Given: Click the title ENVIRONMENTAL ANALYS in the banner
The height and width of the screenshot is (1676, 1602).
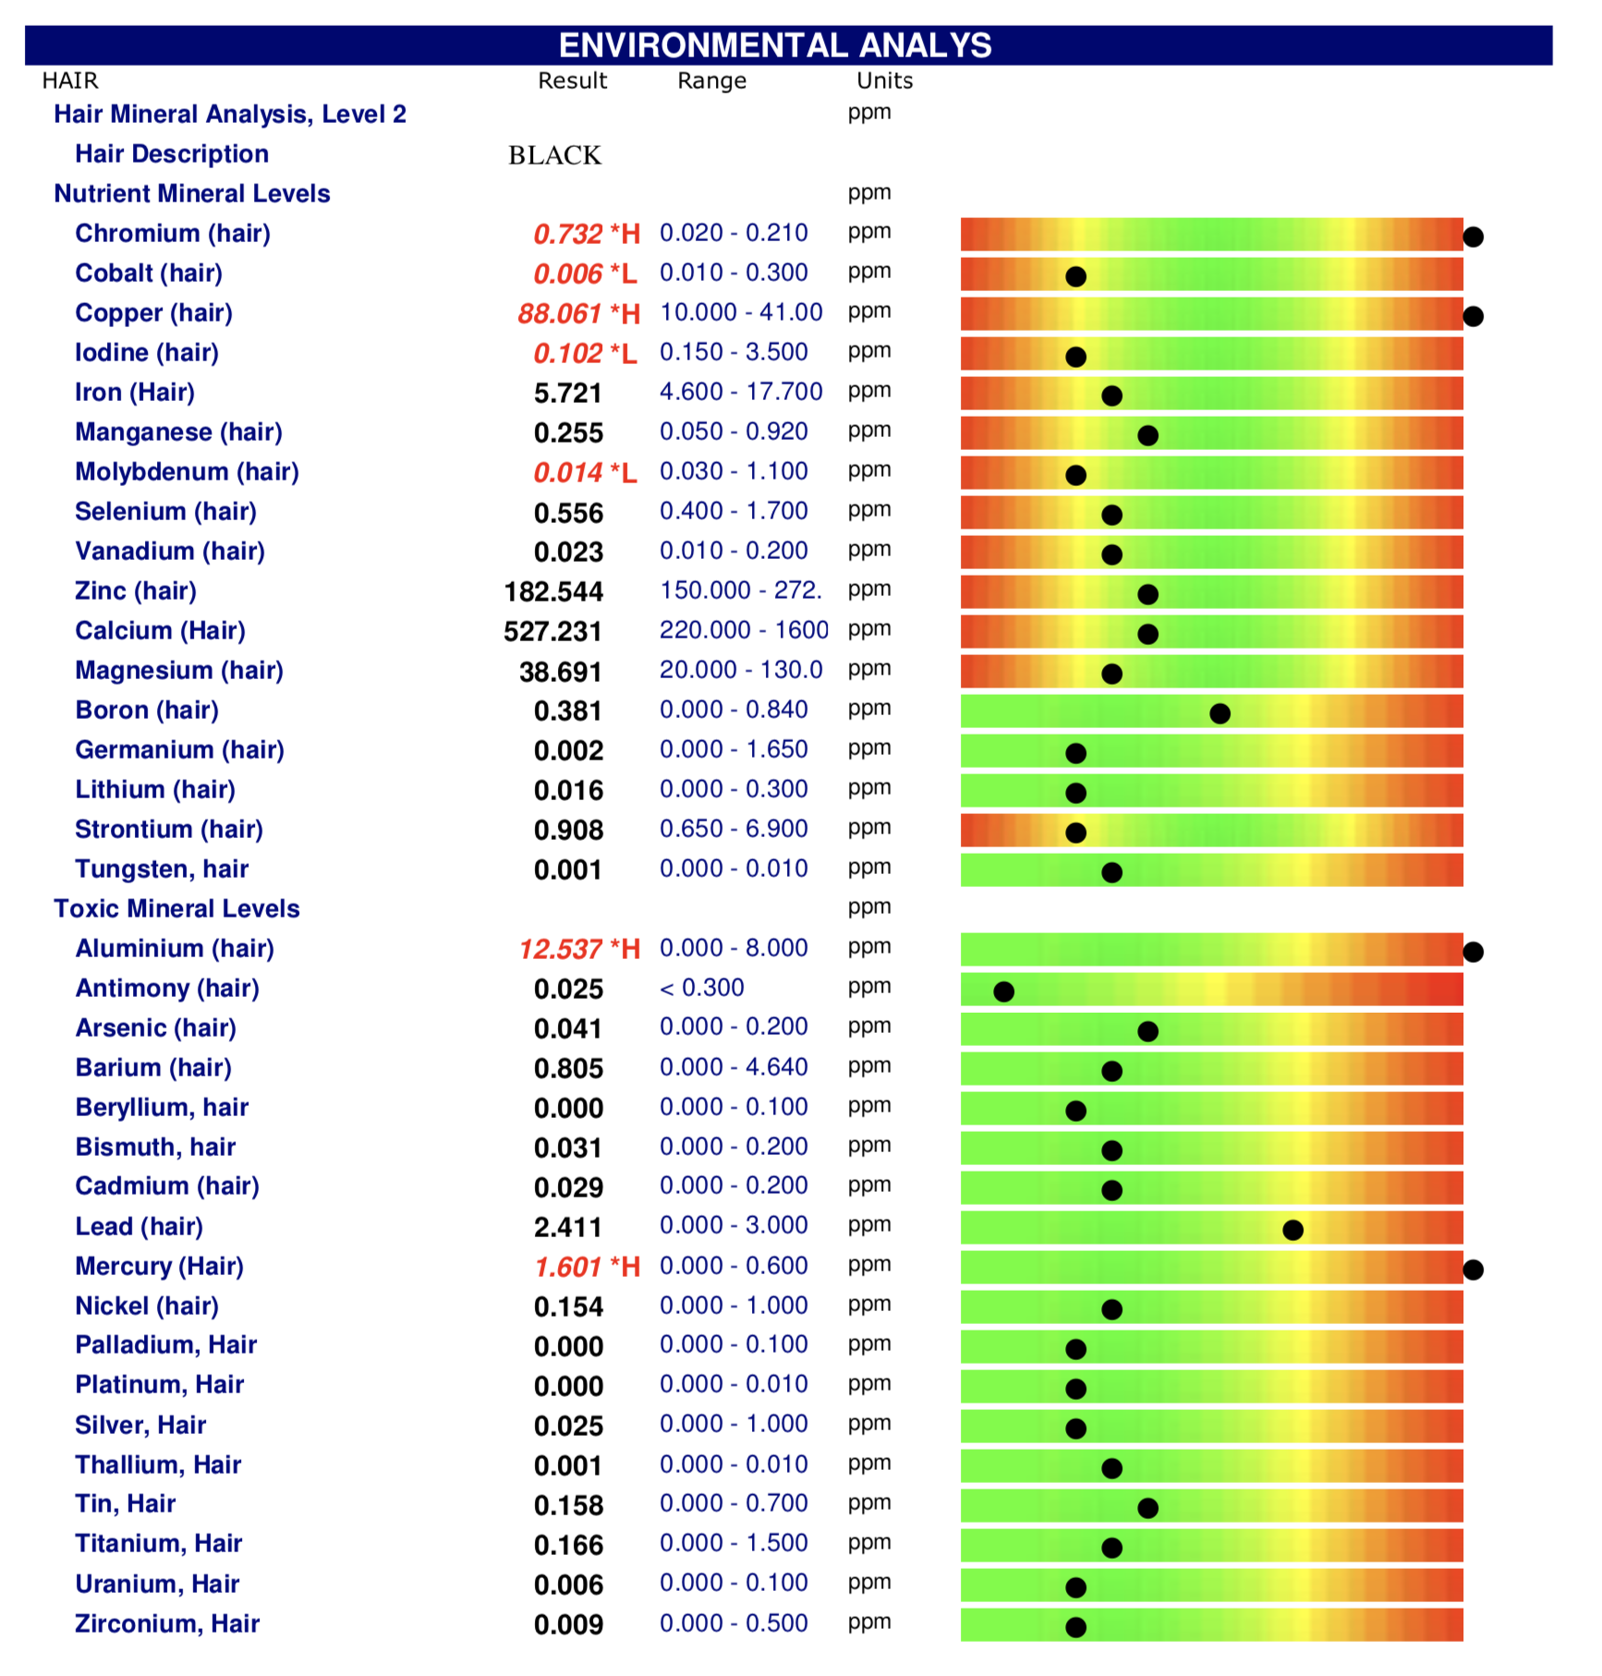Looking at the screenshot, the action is coord(775,45).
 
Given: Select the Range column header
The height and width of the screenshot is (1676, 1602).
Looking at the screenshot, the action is coord(711,81).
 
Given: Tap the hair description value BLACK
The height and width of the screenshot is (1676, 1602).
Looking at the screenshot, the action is coord(554,155).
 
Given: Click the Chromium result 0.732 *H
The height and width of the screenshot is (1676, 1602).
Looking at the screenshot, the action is coord(587,234).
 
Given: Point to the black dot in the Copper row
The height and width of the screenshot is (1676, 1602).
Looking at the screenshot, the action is coord(1474,317).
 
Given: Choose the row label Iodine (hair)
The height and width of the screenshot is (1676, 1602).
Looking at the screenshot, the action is coord(147,353).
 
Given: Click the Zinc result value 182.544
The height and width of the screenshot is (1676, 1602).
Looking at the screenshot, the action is coord(553,591).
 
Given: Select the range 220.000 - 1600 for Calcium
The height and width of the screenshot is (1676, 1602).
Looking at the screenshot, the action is coord(744,630).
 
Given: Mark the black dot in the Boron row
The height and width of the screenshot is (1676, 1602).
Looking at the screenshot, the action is coord(1220,713).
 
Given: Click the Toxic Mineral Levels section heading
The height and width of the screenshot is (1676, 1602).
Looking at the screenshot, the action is coord(176,909).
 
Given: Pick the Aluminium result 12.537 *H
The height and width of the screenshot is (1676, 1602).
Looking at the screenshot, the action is coord(579,949).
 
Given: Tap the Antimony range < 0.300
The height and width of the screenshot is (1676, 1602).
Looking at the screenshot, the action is coord(702,989).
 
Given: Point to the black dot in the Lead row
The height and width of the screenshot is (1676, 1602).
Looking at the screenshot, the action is coord(1293,1230).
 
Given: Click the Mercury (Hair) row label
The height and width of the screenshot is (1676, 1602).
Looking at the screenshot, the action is coord(159,1267).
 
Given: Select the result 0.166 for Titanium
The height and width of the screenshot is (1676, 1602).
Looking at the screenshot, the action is coord(568,1545).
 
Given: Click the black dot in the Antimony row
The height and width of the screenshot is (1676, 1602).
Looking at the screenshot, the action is coord(1003,991).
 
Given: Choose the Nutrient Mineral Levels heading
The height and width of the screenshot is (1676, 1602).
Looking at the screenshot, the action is coord(192,194).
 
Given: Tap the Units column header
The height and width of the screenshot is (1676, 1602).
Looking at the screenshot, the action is coord(884,81).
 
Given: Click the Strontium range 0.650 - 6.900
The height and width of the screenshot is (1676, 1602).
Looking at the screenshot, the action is coord(734,829).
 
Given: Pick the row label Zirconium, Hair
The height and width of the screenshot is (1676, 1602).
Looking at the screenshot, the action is coord(167,1624).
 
